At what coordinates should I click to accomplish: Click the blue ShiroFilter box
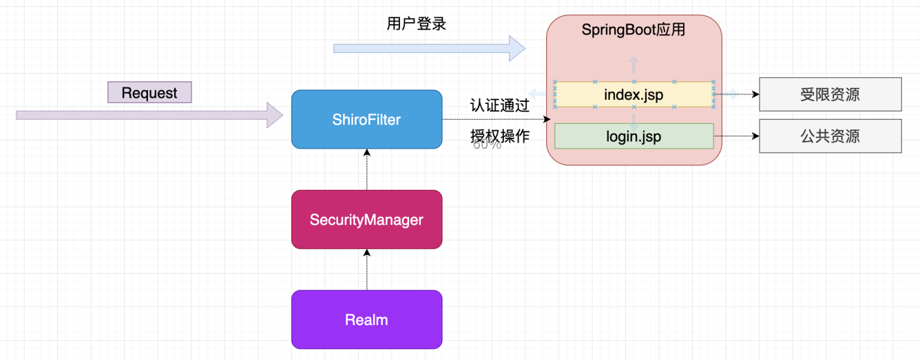[367, 120]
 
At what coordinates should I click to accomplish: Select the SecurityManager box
[367, 220]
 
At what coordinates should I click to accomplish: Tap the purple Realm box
[367, 319]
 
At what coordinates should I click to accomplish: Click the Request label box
[149, 92]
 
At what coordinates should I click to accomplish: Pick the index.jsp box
[634, 94]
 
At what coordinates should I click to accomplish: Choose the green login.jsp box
[634, 136]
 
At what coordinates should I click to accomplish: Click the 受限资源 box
[830, 94]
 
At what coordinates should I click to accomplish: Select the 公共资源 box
[830, 136]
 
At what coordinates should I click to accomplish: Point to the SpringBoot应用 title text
[634, 30]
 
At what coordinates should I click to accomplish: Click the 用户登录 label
[416, 24]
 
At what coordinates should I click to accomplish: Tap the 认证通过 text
[499, 105]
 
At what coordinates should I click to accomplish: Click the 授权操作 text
[499, 136]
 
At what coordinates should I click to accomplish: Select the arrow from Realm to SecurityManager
[367, 269]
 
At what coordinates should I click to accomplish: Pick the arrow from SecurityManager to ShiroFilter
[367, 169]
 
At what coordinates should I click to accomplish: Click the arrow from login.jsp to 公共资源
[736, 136]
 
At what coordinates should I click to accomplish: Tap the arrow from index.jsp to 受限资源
[736, 94]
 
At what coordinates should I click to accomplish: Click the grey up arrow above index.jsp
[634, 64]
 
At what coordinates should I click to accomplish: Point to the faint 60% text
[487, 145]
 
